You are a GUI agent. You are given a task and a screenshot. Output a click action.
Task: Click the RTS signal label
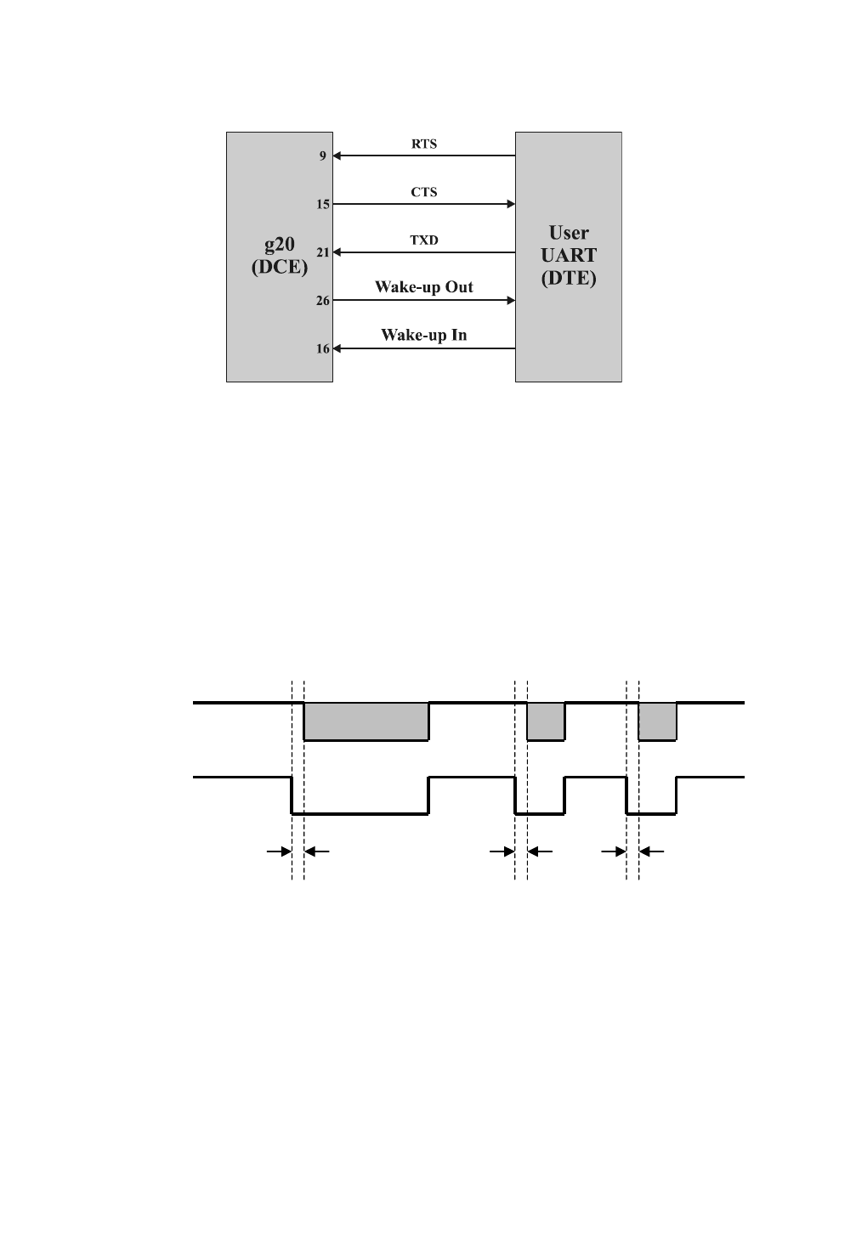tap(424, 144)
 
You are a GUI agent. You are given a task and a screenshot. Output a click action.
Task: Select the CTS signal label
tap(424, 192)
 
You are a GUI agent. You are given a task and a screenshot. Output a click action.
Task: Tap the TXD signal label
tap(424, 240)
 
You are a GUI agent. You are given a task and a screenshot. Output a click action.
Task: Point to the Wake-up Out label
tap(424, 287)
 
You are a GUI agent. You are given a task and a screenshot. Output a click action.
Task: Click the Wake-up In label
tap(424, 335)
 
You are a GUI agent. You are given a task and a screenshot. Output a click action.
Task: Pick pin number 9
tap(323, 156)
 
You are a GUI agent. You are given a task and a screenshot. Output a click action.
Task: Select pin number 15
tap(323, 205)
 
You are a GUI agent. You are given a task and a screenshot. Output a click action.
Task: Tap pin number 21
tap(323, 252)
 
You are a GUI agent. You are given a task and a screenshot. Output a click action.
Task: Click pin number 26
tap(323, 301)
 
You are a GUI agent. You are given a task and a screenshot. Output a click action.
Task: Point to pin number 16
tap(323, 349)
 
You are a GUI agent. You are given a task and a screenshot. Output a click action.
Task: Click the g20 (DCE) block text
tap(279, 255)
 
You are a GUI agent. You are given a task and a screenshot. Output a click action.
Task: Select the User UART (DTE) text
tap(569, 255)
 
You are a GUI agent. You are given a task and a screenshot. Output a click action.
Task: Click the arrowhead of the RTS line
tap(337, 156)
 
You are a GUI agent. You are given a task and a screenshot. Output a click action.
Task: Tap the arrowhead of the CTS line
tap(512, 204)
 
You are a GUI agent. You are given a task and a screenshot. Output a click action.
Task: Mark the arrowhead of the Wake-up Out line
tap(512, 300)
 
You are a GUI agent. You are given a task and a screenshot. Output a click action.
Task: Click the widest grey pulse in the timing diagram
tap(366, 721)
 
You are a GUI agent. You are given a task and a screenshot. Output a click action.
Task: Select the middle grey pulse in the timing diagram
tap(546, 721)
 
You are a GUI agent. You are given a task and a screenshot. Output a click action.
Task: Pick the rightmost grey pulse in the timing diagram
tap(657, 721)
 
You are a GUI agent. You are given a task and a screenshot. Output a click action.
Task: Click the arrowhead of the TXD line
tap(337, 252)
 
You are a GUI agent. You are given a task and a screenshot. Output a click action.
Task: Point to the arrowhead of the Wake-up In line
tap(337, 348)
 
